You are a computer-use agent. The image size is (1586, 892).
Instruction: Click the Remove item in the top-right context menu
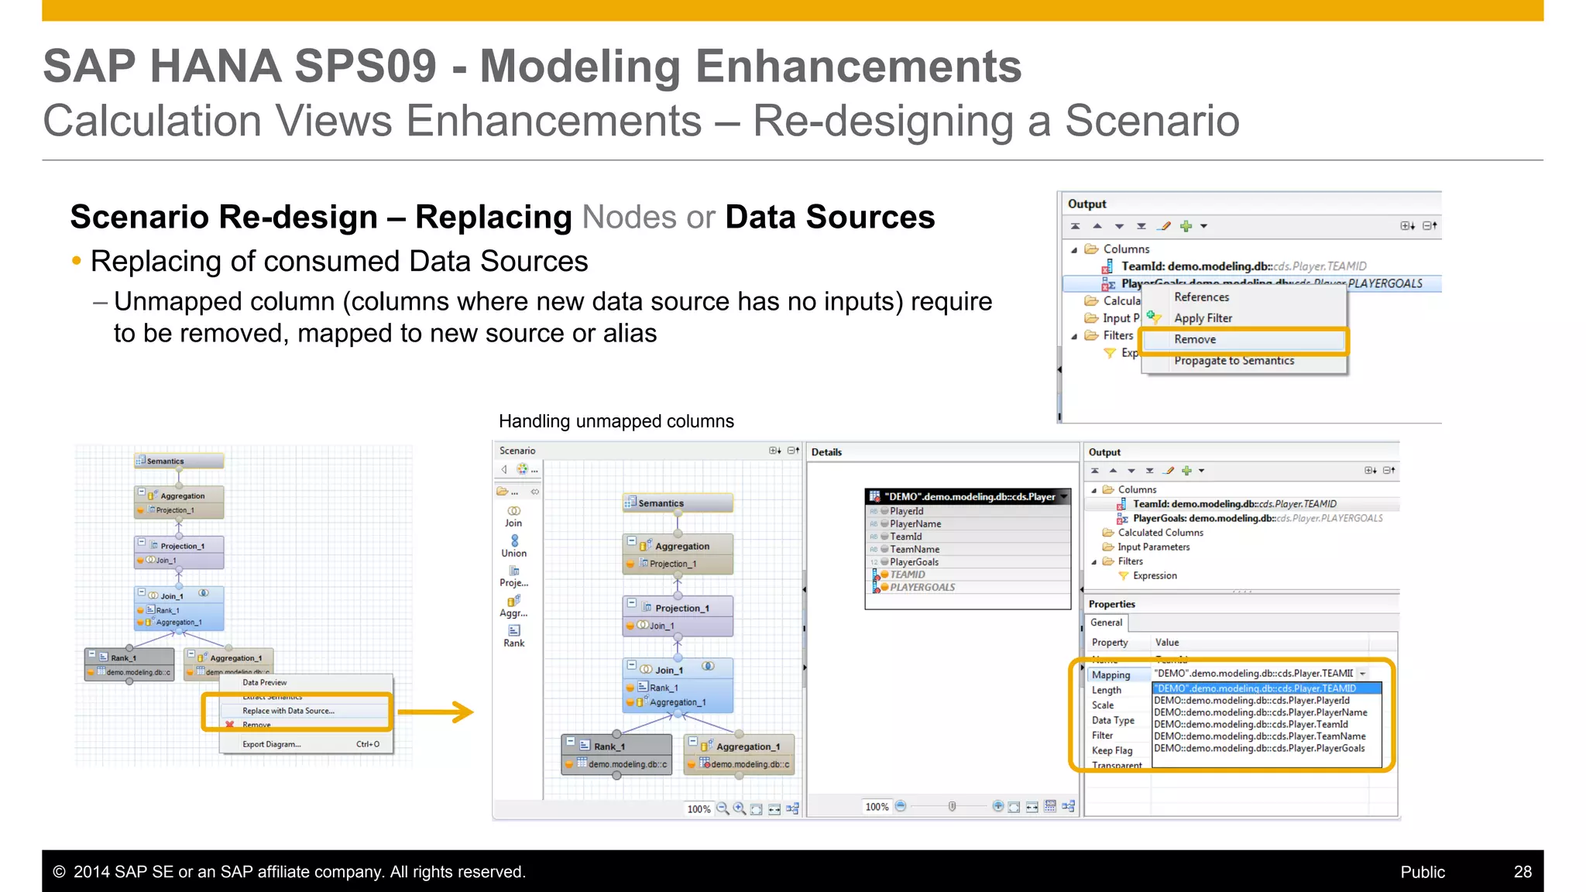[1195, 340]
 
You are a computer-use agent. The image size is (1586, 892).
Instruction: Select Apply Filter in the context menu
[1203, 318]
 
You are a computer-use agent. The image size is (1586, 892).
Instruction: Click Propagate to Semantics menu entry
[1234, 361]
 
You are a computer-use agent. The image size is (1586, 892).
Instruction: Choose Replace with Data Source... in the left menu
[288, 711]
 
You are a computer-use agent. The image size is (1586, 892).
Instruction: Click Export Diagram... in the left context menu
[271, 744]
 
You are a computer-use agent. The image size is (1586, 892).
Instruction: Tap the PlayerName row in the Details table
[915, 524]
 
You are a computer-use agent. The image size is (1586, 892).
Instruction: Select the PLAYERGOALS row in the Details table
[922, 588]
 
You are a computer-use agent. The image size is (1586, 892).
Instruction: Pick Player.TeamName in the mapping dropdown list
[1260, 736]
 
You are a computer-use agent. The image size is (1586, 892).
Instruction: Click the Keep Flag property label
[1112, 750]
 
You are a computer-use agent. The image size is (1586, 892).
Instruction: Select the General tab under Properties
[1106, 623]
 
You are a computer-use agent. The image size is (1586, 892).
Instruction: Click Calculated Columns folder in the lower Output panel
[1160, 533]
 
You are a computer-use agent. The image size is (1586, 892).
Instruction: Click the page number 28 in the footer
[1522, 872]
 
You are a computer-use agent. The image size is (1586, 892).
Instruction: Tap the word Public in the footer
[1422, 872]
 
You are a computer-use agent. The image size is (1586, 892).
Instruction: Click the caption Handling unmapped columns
[616, 421]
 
